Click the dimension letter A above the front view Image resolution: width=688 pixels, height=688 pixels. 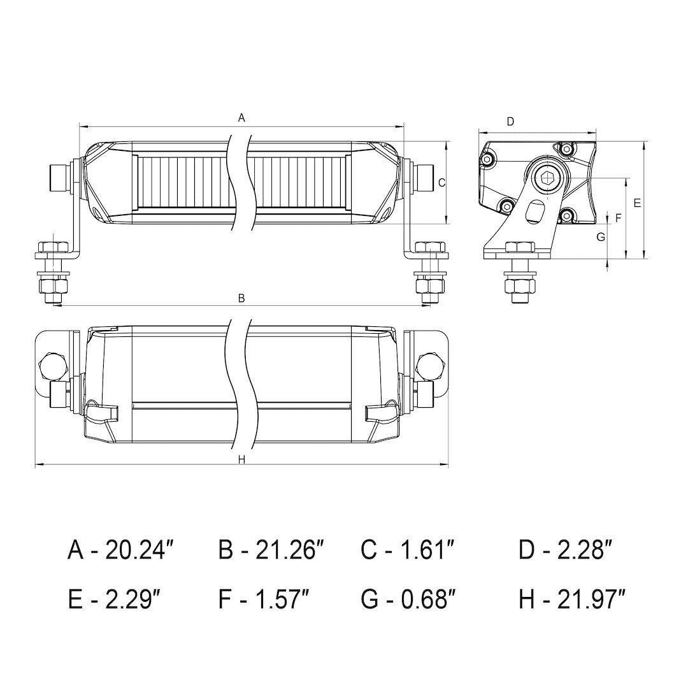point(241,117)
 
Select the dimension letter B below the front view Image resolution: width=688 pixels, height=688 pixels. point(241,297)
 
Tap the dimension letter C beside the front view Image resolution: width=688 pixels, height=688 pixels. point(441,182)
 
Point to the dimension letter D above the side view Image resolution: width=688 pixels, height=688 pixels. point(510,121)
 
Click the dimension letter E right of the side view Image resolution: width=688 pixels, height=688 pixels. point(637,203)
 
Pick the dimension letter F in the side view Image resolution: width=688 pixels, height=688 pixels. point(617,218)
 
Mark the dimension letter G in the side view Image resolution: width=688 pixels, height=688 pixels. point(600,237)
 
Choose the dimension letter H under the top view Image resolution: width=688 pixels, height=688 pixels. point(241,460)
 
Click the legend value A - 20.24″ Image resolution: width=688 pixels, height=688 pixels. point(121,549)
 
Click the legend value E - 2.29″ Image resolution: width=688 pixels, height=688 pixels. point(114,599)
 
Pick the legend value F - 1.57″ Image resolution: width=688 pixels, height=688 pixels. point(264,599)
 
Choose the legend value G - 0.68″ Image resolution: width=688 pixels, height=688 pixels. point(408,599)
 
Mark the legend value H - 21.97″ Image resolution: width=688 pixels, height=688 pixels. point(572,599)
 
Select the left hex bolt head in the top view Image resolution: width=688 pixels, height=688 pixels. point(51,364)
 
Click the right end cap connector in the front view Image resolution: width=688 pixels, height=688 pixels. point(424,175)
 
